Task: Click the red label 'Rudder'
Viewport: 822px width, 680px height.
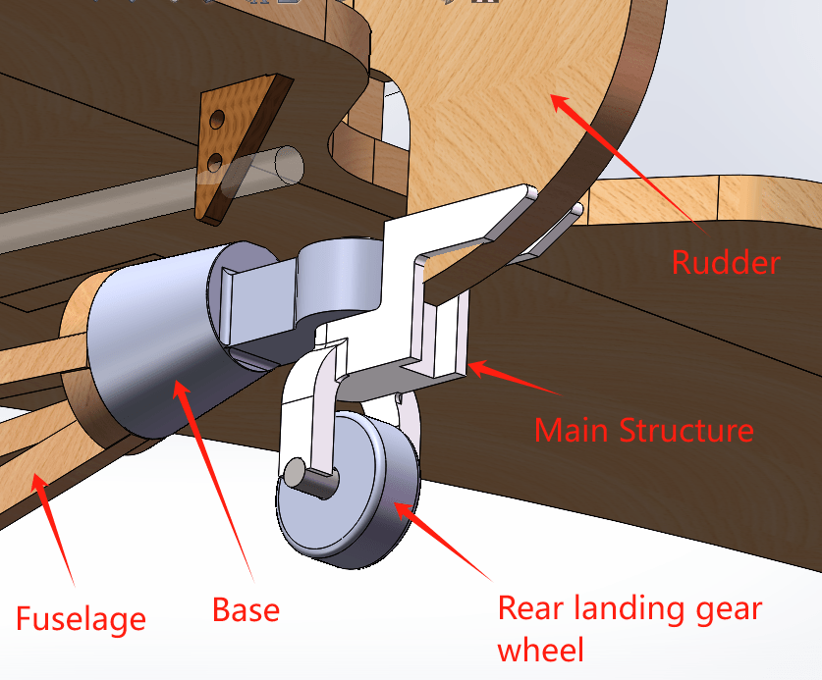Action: coord(726,262)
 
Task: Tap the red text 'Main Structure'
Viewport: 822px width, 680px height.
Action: coord(643,430)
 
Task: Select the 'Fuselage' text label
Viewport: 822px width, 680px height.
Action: coord(81,618)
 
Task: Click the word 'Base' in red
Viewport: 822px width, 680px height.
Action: coord(247,610)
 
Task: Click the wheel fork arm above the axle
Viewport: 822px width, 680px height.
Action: coord(319,412)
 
